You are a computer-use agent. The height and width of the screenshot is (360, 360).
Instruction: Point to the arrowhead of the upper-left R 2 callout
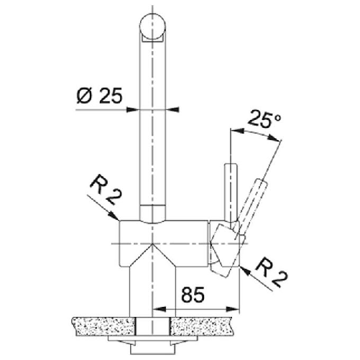point(115,218)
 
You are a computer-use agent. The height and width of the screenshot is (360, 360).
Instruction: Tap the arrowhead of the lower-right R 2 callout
point(246,270)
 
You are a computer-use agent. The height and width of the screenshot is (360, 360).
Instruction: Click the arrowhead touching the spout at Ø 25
point(137,109)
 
